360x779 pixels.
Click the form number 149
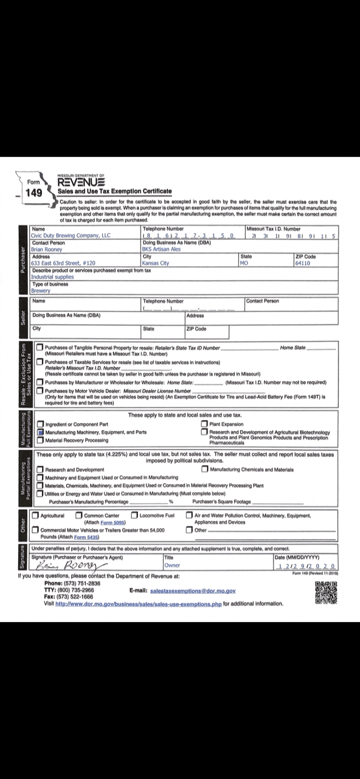tap(34, 193)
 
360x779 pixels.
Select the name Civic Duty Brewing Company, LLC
tap(70, 236)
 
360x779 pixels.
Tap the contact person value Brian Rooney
tap(46, 249)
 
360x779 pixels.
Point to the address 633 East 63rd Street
tap(63, 263)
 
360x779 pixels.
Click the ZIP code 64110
tap(302, 263)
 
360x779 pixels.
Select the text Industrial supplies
tap(52, 277)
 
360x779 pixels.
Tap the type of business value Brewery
tap(40, 291)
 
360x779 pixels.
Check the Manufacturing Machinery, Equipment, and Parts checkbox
tap(40, 432)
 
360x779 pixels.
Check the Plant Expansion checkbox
tap(204, 424)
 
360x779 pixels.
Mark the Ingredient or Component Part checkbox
tap(40, 424)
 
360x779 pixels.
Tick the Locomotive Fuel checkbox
tap(135, 516)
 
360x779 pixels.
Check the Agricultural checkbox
tap(36, 516)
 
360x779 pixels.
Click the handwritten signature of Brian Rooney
tap(70, 565)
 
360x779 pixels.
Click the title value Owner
tap(172, 565)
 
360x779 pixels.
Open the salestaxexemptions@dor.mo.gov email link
tap(193, 592)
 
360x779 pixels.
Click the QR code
tap(326, 592)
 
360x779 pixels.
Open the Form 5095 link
tap(113, 522)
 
